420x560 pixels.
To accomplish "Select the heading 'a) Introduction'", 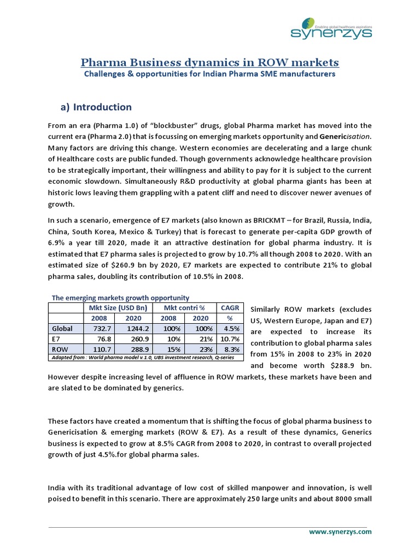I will click(x=96, y=107).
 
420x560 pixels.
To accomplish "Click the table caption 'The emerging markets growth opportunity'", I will click(x=120, y=298).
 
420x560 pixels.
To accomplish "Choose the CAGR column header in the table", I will click(x=230, y=307).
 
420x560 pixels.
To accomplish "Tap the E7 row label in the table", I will click(x=56, y=338).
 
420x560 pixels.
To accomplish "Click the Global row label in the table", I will click(x=61, y=328).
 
